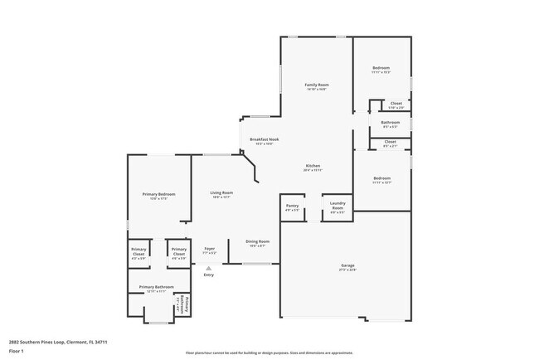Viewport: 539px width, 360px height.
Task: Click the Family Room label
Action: click(317, 85)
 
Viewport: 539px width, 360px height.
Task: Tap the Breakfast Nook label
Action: click(264, 139)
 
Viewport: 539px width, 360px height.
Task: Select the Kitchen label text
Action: click(313, 166)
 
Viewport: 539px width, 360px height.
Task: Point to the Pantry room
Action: click(291, 208)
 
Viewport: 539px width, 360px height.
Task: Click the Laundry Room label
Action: click(337, 205)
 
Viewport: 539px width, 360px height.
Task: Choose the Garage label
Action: click(347, 265)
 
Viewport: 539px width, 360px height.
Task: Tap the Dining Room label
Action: click(257, 241)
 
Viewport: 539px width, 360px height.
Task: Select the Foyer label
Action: click(210, 248)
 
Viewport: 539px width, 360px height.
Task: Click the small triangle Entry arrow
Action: click(209, 268)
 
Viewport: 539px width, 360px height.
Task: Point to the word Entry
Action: click(209, 275)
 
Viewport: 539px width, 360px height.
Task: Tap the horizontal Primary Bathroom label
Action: click(157, 287)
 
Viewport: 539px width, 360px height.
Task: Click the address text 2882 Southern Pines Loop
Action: click(59, 341)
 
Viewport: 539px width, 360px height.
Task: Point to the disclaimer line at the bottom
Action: click(269, 352)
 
